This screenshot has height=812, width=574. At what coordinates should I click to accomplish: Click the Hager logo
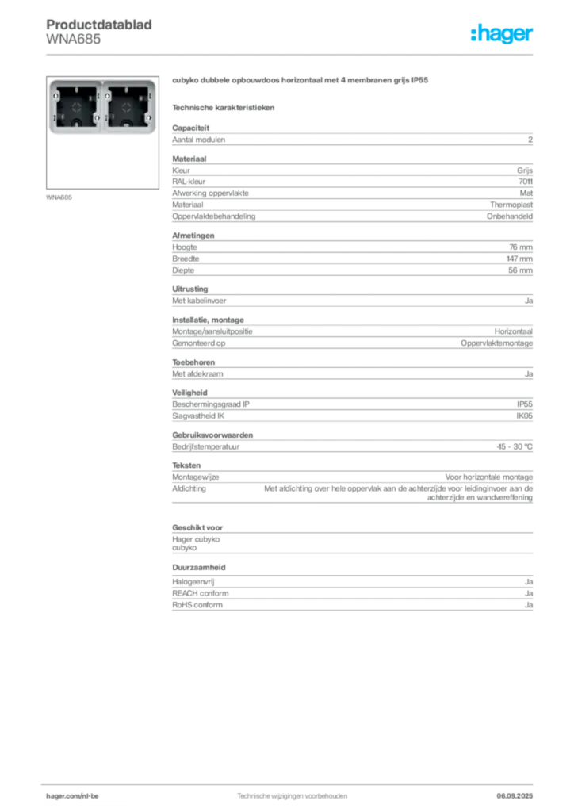[501, 33]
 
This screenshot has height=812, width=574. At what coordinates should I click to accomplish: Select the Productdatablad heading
[99, 25]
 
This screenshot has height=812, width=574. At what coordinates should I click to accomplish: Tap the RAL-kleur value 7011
[526, 182]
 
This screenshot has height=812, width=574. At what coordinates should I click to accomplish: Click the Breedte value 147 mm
[519, 259]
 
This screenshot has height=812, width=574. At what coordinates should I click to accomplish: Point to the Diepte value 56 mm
[520, 270]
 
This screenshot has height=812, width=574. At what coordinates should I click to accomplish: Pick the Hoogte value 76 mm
[521, 247]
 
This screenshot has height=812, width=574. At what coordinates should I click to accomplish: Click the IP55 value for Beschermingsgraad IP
[524, 404]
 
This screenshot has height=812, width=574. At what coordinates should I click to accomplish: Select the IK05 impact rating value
[524, 416]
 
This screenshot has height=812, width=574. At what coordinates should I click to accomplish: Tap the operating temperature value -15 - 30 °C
[514, 446]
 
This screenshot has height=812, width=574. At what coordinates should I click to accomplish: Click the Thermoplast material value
[511, 205]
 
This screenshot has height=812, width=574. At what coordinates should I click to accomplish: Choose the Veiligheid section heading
[189, 393]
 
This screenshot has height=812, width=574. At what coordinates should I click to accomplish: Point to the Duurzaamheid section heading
[199, 567]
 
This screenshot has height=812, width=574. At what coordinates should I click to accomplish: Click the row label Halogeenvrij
[193, 581]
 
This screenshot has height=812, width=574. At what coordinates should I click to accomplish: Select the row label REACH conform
[201, 593]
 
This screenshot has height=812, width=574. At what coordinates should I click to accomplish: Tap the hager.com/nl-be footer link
[72, 795]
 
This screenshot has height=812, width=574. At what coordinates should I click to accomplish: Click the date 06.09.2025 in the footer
[515, 795]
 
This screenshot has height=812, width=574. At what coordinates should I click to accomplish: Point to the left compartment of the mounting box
[76, 107]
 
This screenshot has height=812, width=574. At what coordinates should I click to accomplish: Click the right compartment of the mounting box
[128, 107]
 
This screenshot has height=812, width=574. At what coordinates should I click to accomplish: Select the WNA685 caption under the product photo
[59, 197]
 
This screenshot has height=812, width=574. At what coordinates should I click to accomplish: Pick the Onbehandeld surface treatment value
[509, 216]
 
